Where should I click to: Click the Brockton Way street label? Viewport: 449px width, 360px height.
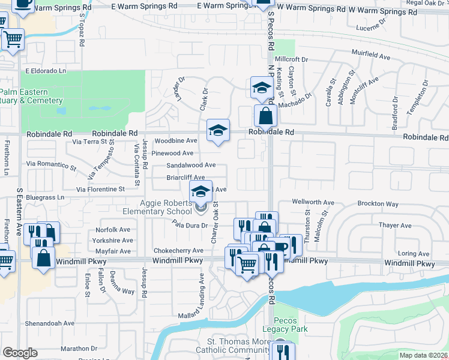[378, 204]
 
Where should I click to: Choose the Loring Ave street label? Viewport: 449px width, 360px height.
[413, 254]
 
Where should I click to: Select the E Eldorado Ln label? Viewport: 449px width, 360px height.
[45, 71]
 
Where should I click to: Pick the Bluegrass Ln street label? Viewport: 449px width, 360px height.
[44, 197]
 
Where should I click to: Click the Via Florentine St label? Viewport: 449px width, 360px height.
[100, 189]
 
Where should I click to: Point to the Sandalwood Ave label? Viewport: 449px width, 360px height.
[191, 165]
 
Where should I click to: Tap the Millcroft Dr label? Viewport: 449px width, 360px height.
[291, 60]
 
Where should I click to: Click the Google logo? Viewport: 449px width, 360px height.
[20, 353]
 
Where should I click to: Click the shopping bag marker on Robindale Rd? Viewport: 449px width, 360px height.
[265, 115]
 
